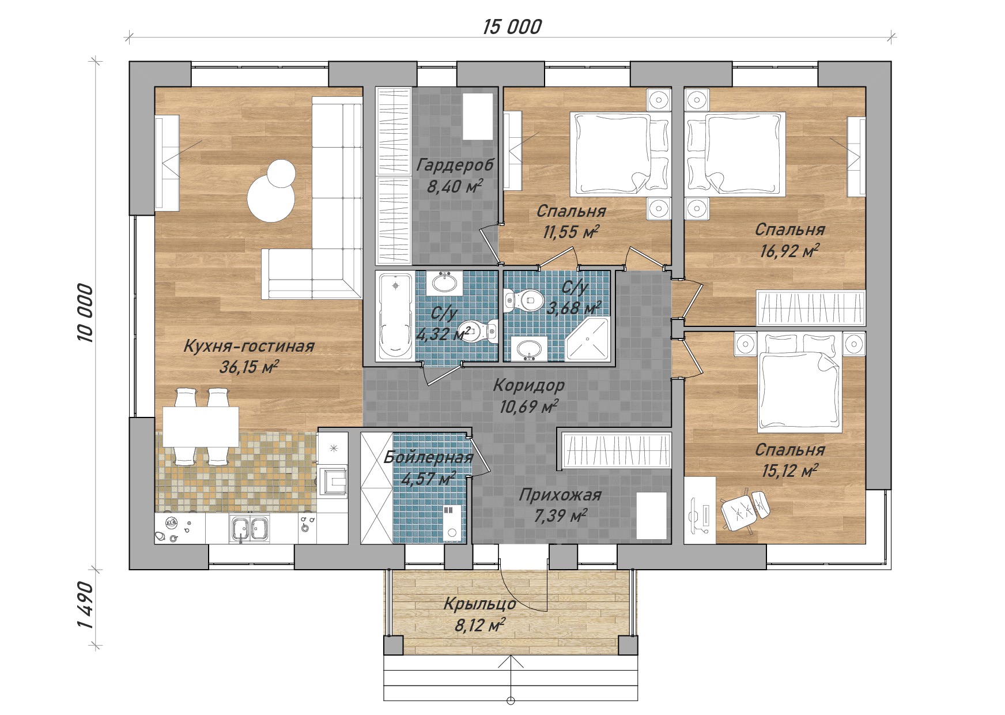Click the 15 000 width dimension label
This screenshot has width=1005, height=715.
coord(512,27)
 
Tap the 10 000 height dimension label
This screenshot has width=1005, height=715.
coord(85,313)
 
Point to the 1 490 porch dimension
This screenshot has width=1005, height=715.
coord(85,605)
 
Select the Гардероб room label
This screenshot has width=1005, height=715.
coord(455,165)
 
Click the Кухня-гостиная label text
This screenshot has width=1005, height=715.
coord(249,346)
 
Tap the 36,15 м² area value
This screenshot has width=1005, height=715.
coord(249,367)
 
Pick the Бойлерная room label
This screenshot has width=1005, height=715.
coord(428,457)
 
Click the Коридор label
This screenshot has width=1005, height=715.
coord(529,385)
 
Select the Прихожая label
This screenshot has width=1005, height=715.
coord(560,495)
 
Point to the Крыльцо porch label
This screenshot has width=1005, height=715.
coord(479,604)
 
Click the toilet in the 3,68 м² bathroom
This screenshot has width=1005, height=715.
coord(524,300)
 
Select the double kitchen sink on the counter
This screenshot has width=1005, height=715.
coord(250,528)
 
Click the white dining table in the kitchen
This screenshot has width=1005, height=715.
coord(201,426)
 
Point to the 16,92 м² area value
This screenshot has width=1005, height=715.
coord(790,251)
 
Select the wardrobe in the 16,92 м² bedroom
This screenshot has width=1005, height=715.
coord(811,308)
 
